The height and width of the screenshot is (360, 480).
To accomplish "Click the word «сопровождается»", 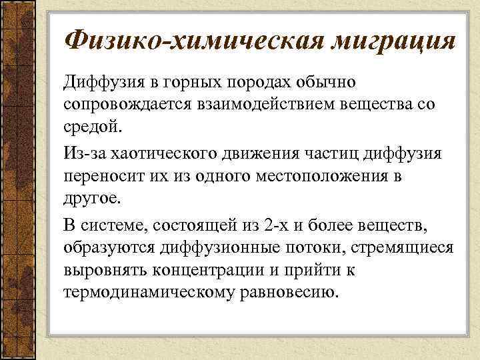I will click(x=127, y=105).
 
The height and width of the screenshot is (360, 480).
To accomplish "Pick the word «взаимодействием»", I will click(x=270, y=105).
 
